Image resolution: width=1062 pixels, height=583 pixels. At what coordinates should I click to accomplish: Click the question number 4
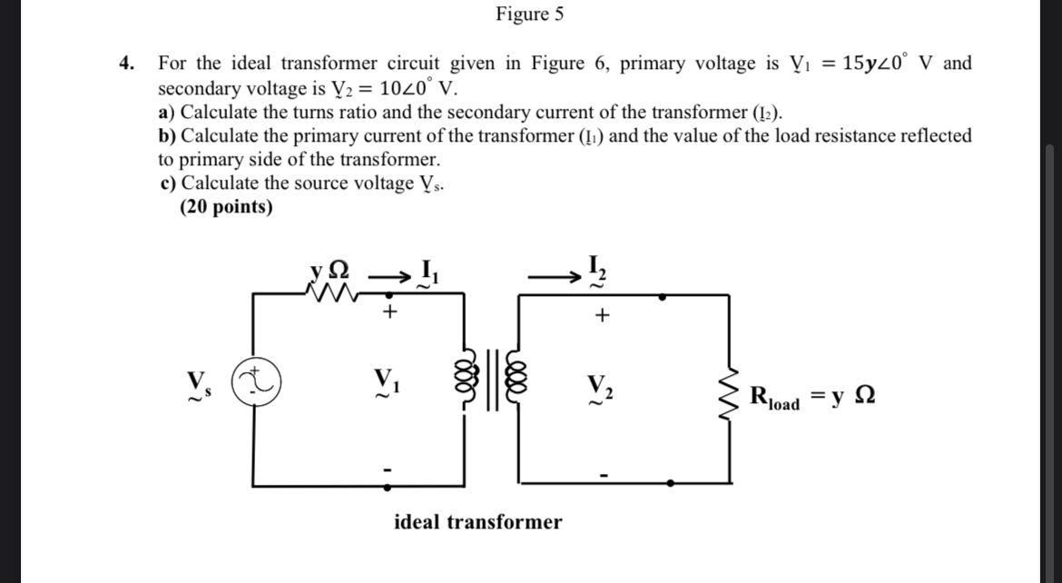click(x=127, y=64)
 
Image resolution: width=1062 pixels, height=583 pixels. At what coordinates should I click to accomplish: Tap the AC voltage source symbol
click(x=258, y=380)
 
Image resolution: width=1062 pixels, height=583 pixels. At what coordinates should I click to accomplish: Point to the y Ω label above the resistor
click(x=327, y=270)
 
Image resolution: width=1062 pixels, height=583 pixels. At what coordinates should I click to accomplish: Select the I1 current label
click(x=425, y=272)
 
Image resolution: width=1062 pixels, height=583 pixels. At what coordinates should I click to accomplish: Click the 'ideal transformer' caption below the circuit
click(x=477, y=522)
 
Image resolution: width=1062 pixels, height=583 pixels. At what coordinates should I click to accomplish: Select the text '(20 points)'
click(x=226, y=207)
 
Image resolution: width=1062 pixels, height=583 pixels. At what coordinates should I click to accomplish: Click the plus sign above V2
click(x=602, y=316)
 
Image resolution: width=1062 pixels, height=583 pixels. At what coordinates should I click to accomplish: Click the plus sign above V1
click(x=390, y=312)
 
